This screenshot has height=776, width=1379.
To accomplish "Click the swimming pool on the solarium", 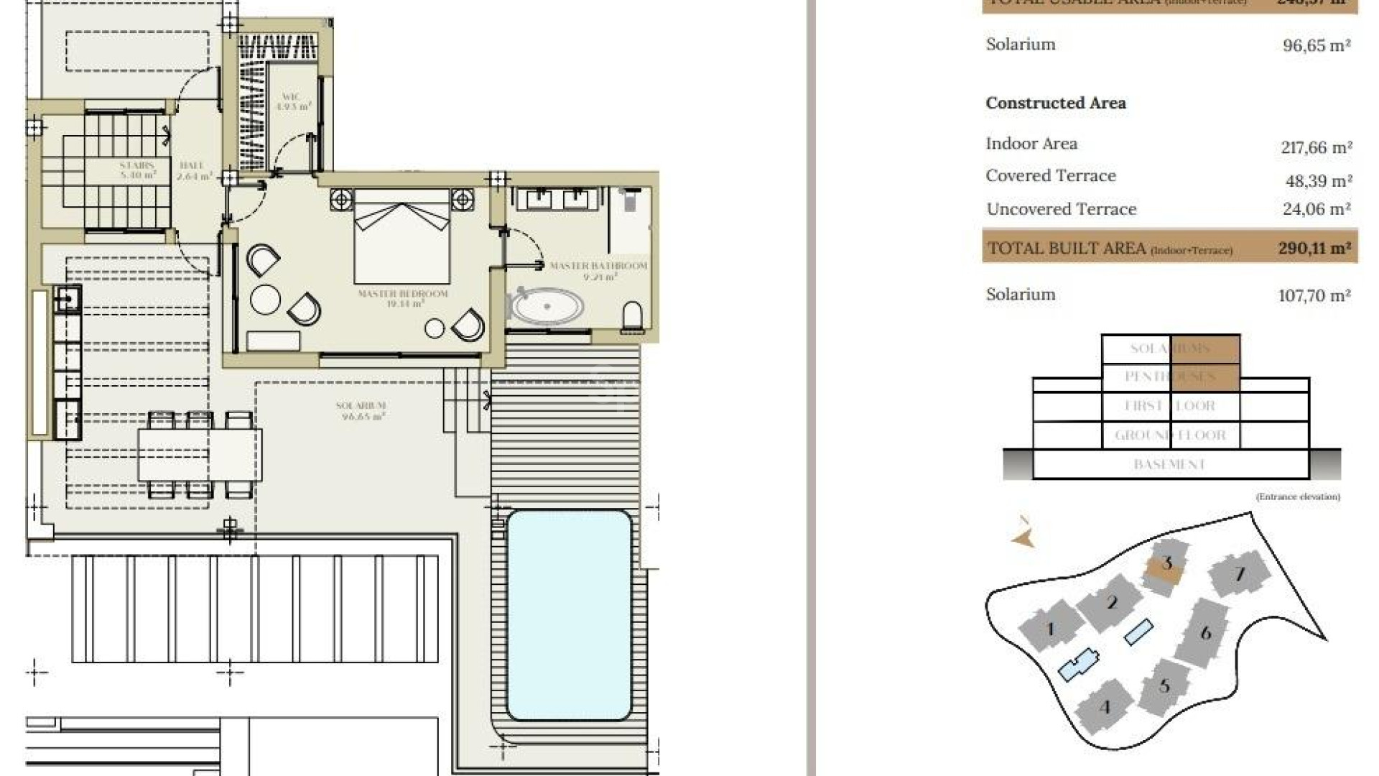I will coord(569,615).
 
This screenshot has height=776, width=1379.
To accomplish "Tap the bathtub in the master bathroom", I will coord(547,308).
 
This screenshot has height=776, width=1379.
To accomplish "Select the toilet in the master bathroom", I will coord(632,316).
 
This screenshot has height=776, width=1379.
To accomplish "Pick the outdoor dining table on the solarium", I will coord(200,454).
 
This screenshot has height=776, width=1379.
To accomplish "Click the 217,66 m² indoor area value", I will coord(1316,147).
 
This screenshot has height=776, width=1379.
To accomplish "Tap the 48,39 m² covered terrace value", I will coord(1318,180).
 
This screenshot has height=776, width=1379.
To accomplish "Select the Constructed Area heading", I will coord(1055,103).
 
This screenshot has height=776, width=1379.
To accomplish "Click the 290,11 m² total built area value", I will coord(1314,248).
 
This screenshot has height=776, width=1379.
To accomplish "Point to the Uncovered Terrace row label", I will coord(1061,209).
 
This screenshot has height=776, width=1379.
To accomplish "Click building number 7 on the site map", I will coord(1239,574).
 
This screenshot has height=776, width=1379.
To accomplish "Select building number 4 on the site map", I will coord(1105,708).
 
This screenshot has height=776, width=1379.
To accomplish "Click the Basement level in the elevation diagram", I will coord(1169,465).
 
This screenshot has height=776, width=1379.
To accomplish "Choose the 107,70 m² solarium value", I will coord(1314,295).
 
